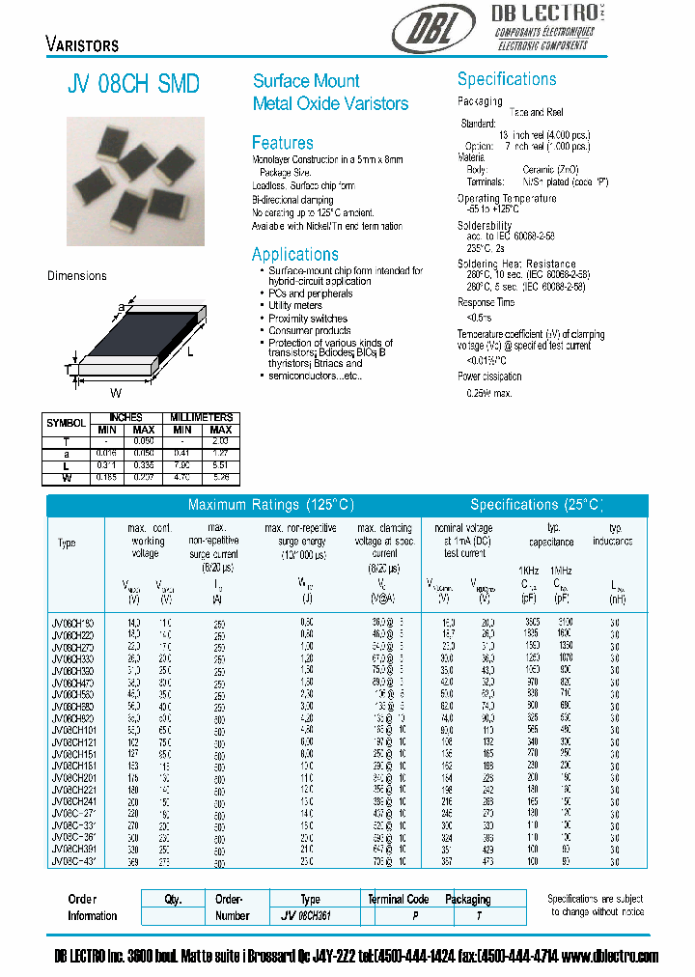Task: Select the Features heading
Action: [x=282, y=143]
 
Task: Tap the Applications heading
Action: [x=294, y=255]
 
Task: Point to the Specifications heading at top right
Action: [x=506, y=79]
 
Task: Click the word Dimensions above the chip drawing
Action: [x=77, y=276]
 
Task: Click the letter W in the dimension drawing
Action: [x=115, y=392]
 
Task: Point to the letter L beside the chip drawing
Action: [x=190, y=352]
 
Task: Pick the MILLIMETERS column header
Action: [x=202, y=417]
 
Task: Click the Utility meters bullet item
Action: [x=294, y=306]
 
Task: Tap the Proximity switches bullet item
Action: [x=307, y=319]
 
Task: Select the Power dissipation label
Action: [x=488, y=377]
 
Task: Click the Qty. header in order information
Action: [x=173, y=899]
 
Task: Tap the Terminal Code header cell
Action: [x=398, y=899]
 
